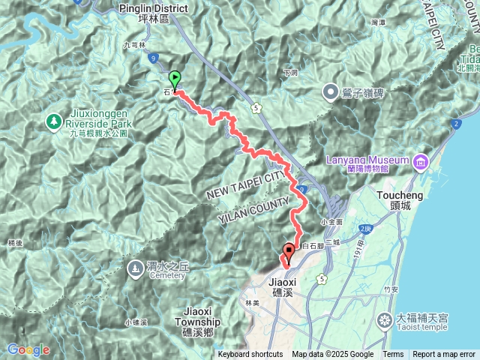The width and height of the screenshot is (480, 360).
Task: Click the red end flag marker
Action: click(x=289, y=251)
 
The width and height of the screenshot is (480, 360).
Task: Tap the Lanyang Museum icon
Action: click(x=419, y=160)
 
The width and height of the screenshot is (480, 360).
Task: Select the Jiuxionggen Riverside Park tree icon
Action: click(x=54, y=120)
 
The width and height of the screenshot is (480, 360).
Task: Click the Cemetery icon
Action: click(x=135, y=266)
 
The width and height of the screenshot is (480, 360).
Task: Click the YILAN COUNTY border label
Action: click(x=253, y=210)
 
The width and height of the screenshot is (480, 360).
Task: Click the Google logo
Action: click(x=28, y=349)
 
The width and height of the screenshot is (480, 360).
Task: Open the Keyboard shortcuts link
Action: click(x=250, y=355)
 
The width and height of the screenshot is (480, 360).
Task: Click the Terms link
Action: click(x=393, y=355)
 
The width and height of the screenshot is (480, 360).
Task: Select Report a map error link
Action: click(x=444, y=355)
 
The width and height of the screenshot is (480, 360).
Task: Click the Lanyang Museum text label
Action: click(x=367, y=160)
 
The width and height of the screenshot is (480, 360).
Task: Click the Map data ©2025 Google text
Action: click(x=332, y=355)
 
